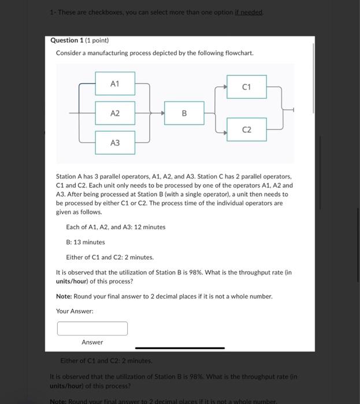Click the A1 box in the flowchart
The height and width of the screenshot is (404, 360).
pyautogui.click(x=115, y=84)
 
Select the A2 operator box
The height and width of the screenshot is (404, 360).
pyautogui.click(x=115, y=114)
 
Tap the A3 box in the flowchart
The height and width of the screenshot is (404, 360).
pyautogui.click(x=115, y=143)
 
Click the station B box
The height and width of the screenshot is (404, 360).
pyautogui.click(x=184, y=114)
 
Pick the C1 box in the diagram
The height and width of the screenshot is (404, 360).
pyautogui.click(x=246, y=87)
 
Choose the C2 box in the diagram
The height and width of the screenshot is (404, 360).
pyautogui.click(x=246, y=130)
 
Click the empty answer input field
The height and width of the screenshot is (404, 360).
pyautogui.click(x=92, y=328)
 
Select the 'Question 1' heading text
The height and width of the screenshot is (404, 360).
pyautogui.click(x=64, y=40)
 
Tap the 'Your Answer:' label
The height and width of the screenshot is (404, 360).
pyautogui.click(x=75, y=311)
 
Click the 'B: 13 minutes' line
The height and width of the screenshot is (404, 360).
pyautogui.click(x=86, y=242)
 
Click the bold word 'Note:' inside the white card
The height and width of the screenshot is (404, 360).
pyautogui.click(x=64, y=296)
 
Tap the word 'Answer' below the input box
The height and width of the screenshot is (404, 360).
pyautogui.click(x=92, y=342)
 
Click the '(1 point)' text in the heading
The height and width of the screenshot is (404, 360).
pyautogui.click(x=94, y=40)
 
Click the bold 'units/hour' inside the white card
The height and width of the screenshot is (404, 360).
pyautogui.click(x=73, y=281)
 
